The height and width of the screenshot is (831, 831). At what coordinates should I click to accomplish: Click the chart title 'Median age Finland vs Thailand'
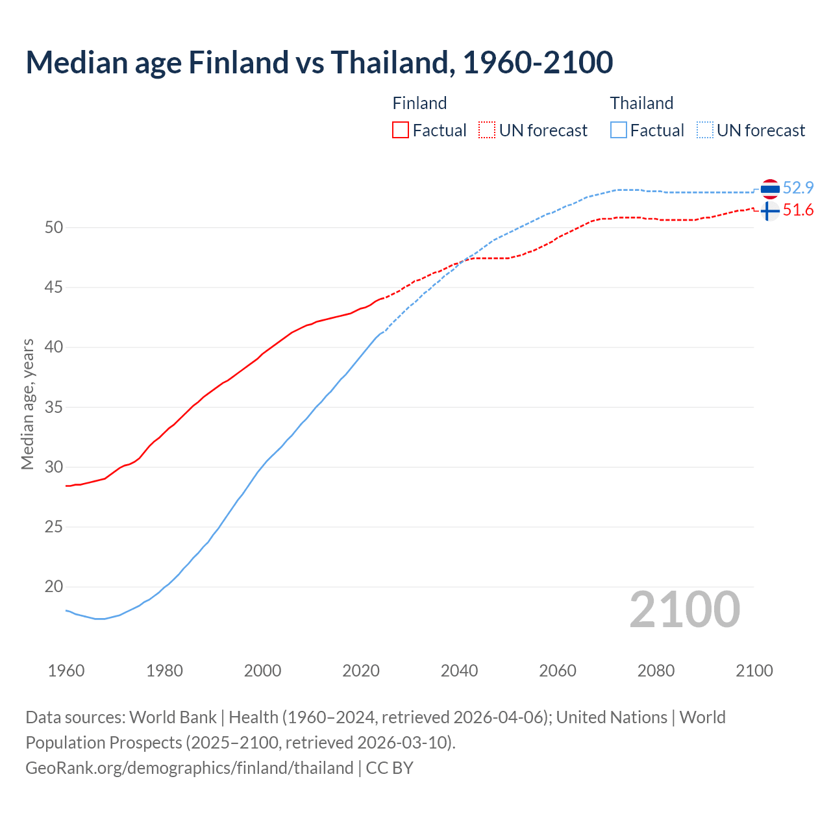pyautogui.click(x=319, y=63)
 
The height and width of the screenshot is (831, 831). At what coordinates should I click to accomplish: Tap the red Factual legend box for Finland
pyautogui.click(x=401, y=130)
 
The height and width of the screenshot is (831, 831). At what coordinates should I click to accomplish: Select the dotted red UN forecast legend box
pyautogui.click(x=487, y=130)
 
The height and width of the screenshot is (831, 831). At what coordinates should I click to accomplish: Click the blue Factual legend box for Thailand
pyautogui.click(x=619, y=130)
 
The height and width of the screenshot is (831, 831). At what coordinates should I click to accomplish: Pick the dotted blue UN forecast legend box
pyautogui.click(x=705, y=130)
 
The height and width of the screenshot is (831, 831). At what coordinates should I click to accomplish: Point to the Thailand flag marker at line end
pyautogui.click(x=770, y=189)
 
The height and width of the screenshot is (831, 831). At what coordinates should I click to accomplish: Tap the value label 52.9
pyautogui.click(x=798, y=188)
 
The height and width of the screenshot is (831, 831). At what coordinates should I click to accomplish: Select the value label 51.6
pyautogui.click(x=798, y=210)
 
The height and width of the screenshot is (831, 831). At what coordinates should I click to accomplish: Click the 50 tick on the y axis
pyautogui.click(x=54, y=227)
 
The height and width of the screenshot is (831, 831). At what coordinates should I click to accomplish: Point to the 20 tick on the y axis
pyautogui.click(x=54, y=587)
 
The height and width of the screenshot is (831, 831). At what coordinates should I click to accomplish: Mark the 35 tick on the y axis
pyautogui.click(x=54, y=408)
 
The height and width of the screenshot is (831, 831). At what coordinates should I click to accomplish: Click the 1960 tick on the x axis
pyautogui.click(x=66, y=671)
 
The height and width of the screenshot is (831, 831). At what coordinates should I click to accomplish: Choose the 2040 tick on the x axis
pyautogui.click(x=459, y=671)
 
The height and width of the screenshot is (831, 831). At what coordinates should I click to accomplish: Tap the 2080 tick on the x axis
pyautogui.click(x=656, y=671)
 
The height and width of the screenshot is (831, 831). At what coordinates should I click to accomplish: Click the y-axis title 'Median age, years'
pyautogui.click(x=27, y=404)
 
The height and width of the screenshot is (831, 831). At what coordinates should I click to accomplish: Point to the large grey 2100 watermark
pyautogui.click(x=684, y=610)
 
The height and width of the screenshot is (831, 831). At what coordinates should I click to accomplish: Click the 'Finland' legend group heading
pyautogui.click(x=419, y=103)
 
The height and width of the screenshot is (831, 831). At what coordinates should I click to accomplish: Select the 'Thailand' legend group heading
pyautogui.click(x=641, y=103)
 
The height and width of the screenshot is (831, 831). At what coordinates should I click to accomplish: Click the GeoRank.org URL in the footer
pyautogui.click(x=190, y=768)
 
